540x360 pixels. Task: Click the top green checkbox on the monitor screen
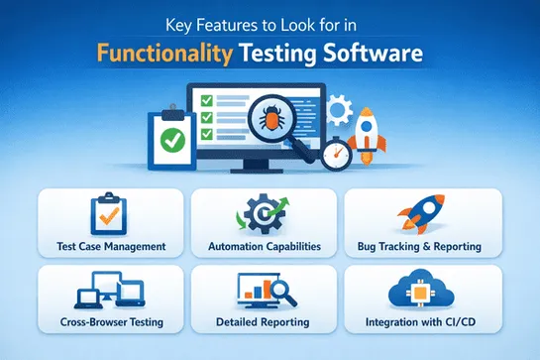[x=208, y=101]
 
